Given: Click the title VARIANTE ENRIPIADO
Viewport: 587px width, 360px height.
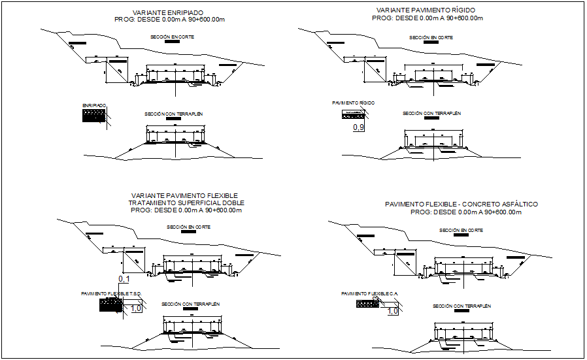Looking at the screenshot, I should (x=167, y=12).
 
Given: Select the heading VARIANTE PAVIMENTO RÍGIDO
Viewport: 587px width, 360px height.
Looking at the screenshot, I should (x=426, y=10).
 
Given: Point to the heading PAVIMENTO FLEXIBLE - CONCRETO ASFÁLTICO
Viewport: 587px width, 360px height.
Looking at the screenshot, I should (x=461, y=205).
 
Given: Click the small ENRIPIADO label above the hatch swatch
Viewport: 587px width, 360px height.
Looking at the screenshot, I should (x=94, y=105).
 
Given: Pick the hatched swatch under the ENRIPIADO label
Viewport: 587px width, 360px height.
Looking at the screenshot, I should (x=94, y=116).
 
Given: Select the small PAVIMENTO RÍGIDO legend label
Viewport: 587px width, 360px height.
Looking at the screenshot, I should (x=353, y=103).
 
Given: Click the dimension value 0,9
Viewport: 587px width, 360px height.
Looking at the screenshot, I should (x=358, y=127).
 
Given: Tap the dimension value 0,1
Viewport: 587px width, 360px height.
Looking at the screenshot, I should (x=124, y=280).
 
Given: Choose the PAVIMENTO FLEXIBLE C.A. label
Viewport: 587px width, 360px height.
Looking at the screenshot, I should (x=370, y=294).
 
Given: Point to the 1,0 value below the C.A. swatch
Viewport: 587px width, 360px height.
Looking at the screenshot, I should (x=393, y=312).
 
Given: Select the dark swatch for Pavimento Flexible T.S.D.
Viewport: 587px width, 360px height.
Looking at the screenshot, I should (x=111, y=304).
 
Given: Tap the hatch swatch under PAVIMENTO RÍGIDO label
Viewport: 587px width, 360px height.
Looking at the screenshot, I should (x=350, y=114).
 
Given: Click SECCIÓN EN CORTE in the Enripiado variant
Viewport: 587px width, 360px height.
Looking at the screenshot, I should (x=173, y=37).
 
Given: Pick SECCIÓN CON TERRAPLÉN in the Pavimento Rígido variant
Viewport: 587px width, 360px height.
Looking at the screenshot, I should (x=431, y=113).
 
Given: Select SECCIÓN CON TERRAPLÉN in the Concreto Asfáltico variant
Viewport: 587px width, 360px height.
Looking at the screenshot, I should (x=461, y=306).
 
